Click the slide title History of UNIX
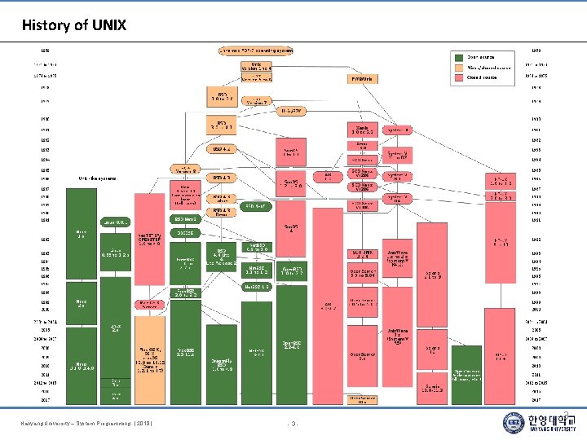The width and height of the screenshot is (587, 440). click(x=74, y=25)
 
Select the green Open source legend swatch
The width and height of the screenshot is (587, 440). click(x=458, y=57)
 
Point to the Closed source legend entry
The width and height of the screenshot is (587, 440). click(x=480, y=77)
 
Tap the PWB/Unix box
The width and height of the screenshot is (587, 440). click(x=362, y=79)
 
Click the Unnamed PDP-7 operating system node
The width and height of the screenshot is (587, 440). click(x=255, y=51)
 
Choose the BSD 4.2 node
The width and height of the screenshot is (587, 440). click(x=223, y=149)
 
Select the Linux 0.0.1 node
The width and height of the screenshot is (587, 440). click(x=115, y=222)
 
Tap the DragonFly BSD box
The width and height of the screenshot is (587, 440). click(x=223, y=367)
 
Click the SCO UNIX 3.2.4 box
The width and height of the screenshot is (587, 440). click(x=363, y=254)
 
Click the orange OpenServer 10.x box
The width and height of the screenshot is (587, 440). click(x=363, y=398)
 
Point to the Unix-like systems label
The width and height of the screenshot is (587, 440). click(x=97, y=178)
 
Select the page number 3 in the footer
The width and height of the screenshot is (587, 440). click(x=294, y=422)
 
